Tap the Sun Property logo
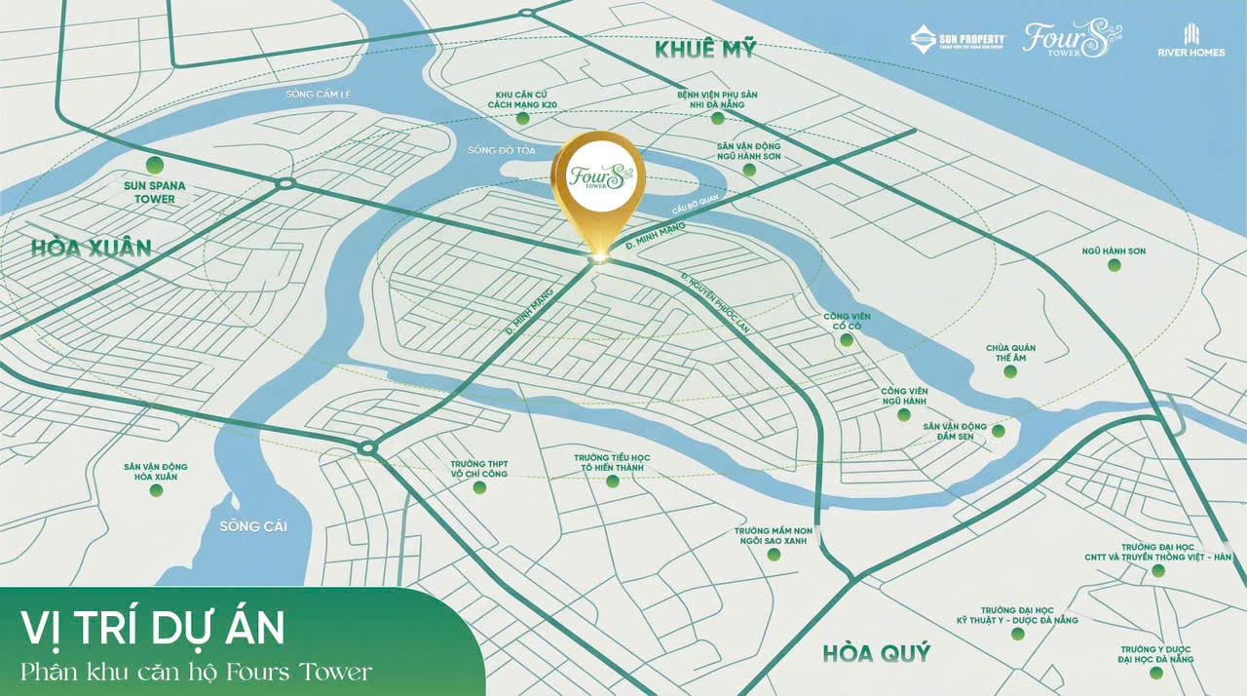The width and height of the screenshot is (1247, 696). tap(958, 40)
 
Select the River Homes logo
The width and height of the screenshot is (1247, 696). tap(1190, 40)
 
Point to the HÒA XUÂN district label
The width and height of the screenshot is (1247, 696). tap(91, 248)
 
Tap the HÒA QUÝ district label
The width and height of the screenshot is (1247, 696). tap(876, 652)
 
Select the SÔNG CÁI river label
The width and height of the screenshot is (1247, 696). tap(253, 526)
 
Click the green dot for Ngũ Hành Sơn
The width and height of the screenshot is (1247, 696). tap(1115, 264)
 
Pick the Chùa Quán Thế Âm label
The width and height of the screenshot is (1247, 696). tap(1010, 354)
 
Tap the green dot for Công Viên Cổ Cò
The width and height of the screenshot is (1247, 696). tap(847, 339)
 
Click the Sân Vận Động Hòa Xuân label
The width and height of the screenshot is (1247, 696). tap(156, 472)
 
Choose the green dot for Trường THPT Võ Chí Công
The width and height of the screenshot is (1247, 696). tap(477, 487)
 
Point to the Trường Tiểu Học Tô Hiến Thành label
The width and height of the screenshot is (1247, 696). tap(612, 462)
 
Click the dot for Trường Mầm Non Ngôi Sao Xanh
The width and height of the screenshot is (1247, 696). tap(774, 554)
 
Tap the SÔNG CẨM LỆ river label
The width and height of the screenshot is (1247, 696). tap(318, 94)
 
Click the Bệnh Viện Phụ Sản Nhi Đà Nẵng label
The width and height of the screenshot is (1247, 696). tap(717, 100)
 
